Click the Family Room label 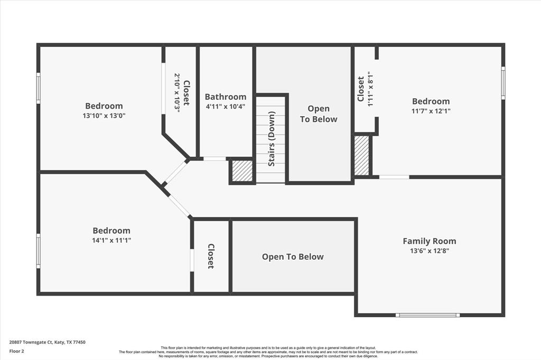429,241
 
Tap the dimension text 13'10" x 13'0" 104,116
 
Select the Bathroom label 226,97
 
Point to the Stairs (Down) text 272,139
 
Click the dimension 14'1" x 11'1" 111,240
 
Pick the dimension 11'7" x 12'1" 431,111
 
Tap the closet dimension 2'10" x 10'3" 178,93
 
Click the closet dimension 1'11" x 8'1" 370,89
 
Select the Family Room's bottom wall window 428,315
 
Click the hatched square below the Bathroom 242,170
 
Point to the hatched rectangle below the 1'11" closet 362,155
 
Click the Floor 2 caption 16,352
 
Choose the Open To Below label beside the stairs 319,114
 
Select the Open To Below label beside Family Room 293,257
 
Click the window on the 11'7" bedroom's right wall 503,83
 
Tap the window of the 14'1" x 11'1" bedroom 38,251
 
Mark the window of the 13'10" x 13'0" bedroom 38,88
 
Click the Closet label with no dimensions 211,256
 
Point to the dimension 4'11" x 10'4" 226,107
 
